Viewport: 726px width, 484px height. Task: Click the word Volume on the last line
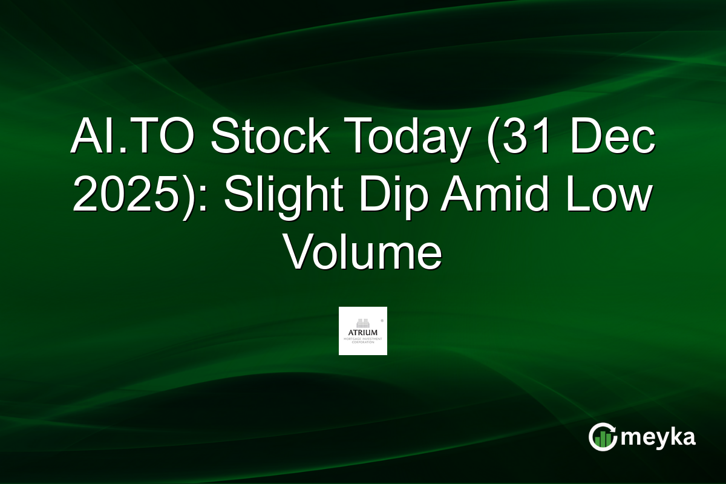pyautogui.click(x=363, y=254)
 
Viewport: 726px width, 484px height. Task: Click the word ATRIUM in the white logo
pyautogui.click(x=362, y=332)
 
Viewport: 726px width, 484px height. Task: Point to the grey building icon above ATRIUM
pyautogui.click(x=362, y=322)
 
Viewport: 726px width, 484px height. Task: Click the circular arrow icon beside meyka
pyautogui.click(x=602, y=437)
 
